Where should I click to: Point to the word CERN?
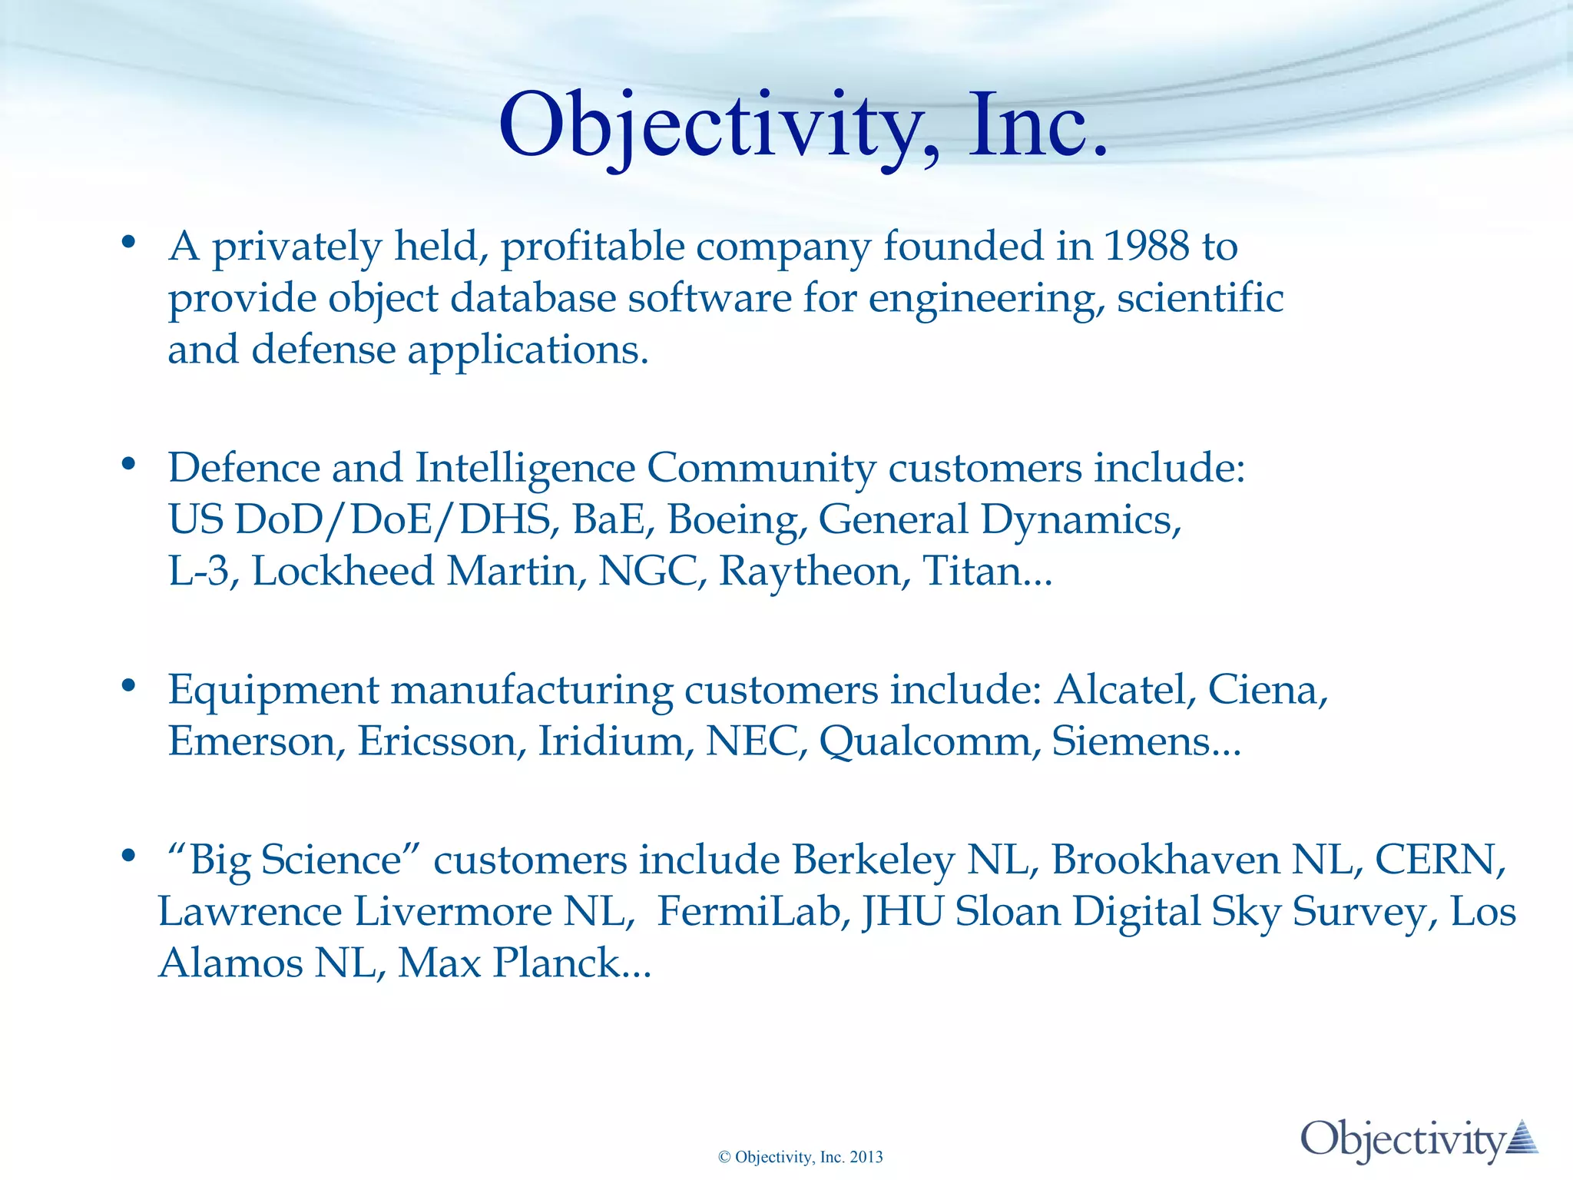1435,860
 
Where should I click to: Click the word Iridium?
610,741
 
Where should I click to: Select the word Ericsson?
438,741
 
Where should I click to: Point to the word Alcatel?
1121,690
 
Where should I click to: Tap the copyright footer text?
800,1157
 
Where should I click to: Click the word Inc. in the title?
1037,125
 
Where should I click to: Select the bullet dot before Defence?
128,464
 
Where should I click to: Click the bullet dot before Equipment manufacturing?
128,684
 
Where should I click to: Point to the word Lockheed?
343,572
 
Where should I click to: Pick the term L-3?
199,572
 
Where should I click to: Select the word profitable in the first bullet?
593,247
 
